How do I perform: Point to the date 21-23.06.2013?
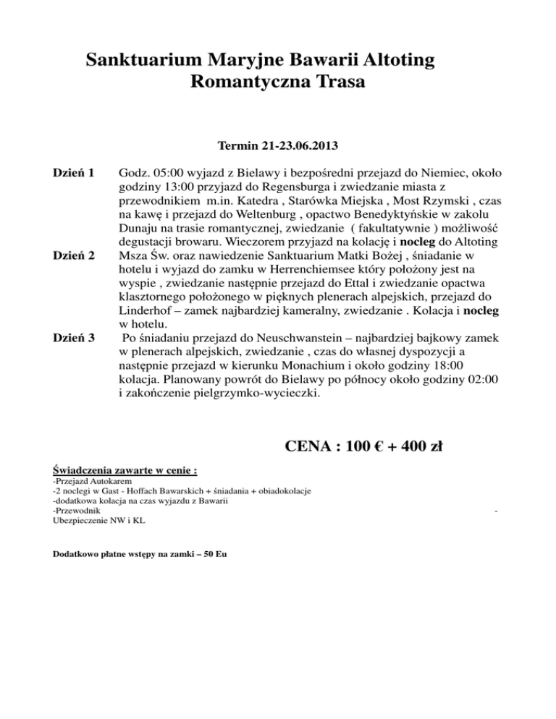click(x=296, y=146)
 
